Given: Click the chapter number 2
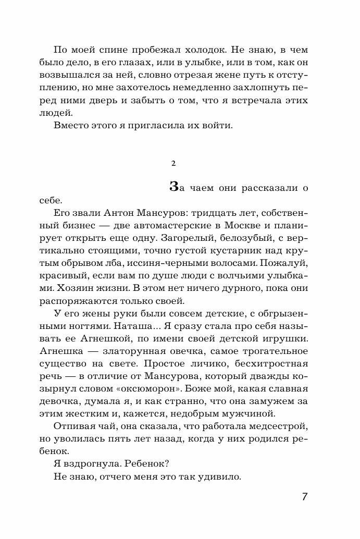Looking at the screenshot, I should tap(173, 164).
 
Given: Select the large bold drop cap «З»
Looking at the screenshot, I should tap(176, 188).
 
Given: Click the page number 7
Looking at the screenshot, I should tap(305, 496).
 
